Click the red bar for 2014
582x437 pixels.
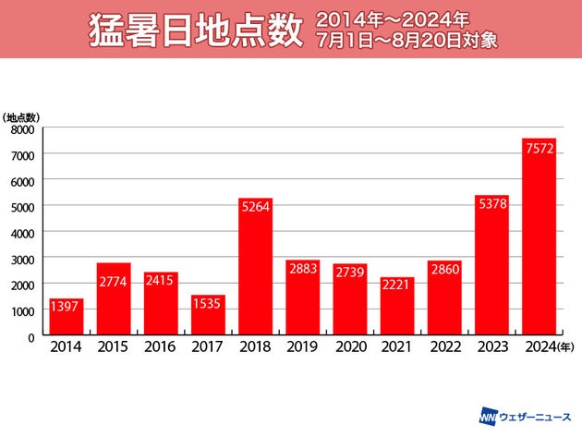point(66,316)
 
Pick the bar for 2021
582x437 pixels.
point(397,305)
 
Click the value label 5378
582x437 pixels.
point(491,205)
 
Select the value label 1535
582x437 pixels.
point(208,305)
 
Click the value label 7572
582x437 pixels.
point(539,149)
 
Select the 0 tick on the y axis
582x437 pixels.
point(30,337)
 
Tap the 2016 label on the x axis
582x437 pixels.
point(161,346)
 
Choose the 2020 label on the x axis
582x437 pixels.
point(350,346)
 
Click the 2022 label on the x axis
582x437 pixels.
point(444,346)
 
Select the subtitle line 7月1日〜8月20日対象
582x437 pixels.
point(407,43)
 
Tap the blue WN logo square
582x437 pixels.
point(487,417)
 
